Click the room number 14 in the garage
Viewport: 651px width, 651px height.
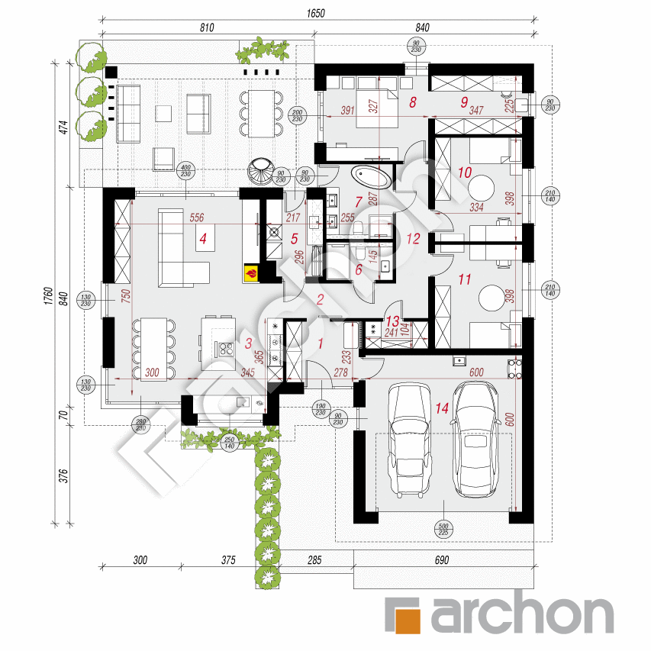click(441, 408)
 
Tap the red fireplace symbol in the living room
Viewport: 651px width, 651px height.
click(250, 272)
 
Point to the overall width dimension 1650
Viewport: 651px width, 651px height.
click(314, 13)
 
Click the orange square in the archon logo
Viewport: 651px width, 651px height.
click(404, 614)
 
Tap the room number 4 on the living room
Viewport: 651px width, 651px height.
click(203, 239)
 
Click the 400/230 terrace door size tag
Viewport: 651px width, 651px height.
click(184, 172)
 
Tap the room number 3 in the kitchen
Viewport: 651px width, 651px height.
click(248, 344)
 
